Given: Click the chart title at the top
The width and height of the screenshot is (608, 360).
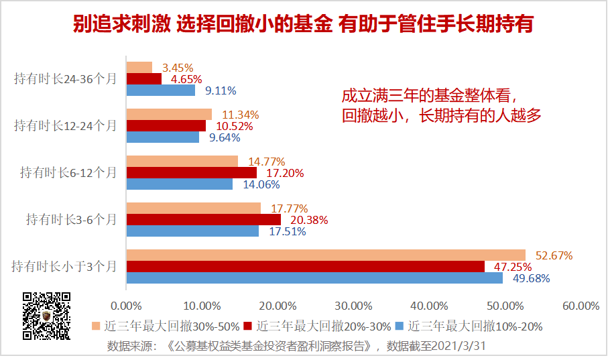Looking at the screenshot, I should pos(303,25).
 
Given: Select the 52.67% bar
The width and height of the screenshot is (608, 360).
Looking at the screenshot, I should pos(326,255).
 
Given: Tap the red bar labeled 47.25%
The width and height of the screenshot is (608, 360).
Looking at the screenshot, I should pos(306,266).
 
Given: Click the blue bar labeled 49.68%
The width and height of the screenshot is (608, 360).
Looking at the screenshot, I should pos(314,278).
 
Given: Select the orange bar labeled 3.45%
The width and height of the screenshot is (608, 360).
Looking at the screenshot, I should pos(139,67).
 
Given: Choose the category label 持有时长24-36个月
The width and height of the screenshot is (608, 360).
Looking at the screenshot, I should pos(66,78).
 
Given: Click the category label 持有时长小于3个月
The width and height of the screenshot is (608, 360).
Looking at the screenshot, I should pos(64,266).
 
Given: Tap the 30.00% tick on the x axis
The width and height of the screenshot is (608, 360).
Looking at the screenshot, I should pos(353,306).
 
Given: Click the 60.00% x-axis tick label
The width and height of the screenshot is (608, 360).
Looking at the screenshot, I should pos(581,306).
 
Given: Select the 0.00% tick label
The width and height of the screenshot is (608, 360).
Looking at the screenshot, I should pos(126,306).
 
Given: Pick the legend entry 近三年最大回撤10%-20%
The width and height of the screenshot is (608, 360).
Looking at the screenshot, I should pos(469,326).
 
